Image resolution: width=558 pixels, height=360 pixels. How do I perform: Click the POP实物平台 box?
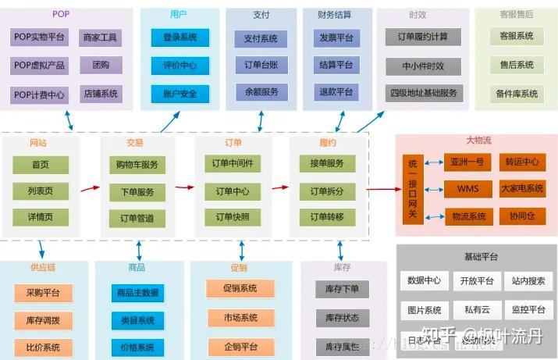pos(40,37)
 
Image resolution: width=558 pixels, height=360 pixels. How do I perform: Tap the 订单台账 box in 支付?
pos(261,65)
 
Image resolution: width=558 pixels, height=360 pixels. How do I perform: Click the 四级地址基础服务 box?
pos(424,93)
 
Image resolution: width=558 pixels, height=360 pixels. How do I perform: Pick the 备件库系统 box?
pos(517,94)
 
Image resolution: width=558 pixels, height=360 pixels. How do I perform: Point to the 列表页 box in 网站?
pos(41,191)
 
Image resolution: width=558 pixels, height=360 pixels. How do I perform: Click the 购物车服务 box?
pos(137,165)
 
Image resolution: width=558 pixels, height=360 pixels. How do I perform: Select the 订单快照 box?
pos(232,217)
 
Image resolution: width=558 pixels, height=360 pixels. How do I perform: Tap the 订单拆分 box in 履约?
pos(327,191)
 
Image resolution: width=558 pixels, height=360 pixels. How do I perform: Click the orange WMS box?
pos(468,189)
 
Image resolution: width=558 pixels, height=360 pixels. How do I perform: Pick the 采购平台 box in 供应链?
pos(43,293)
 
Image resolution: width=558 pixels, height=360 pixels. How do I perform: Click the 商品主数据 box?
pos(137,293)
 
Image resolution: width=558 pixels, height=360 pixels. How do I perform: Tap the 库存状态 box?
pos(343,318)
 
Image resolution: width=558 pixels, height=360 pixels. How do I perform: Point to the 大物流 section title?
pos(478,141)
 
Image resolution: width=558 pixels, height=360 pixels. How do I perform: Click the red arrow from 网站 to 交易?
pos(91,188)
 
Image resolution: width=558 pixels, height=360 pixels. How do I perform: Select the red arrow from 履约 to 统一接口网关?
pos(383,188)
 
